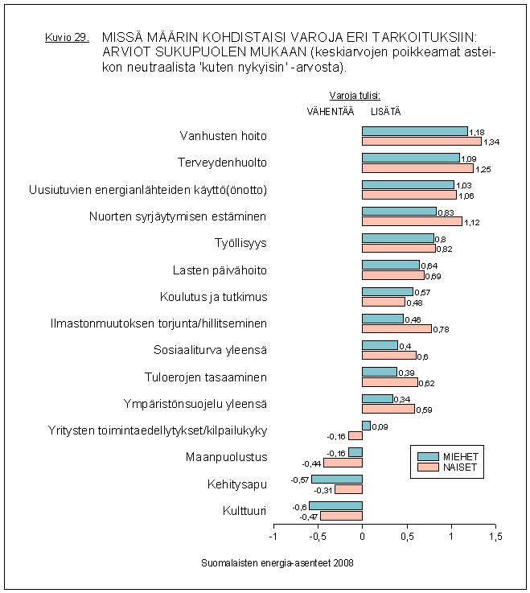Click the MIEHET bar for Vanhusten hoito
point(414,131)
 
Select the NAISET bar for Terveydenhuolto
point(417,168)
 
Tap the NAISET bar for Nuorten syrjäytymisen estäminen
point(412,221)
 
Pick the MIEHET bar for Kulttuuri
point(335,506)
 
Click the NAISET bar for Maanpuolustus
point(343,463)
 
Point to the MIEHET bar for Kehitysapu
point(337,480)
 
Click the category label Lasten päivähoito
point(220,270)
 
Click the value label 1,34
point(491,142)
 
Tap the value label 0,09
point(380,426)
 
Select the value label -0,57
point(300,480)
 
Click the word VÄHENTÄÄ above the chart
point(330,111)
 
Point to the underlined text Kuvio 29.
point(67,38)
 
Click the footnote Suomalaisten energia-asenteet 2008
point(277,562)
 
